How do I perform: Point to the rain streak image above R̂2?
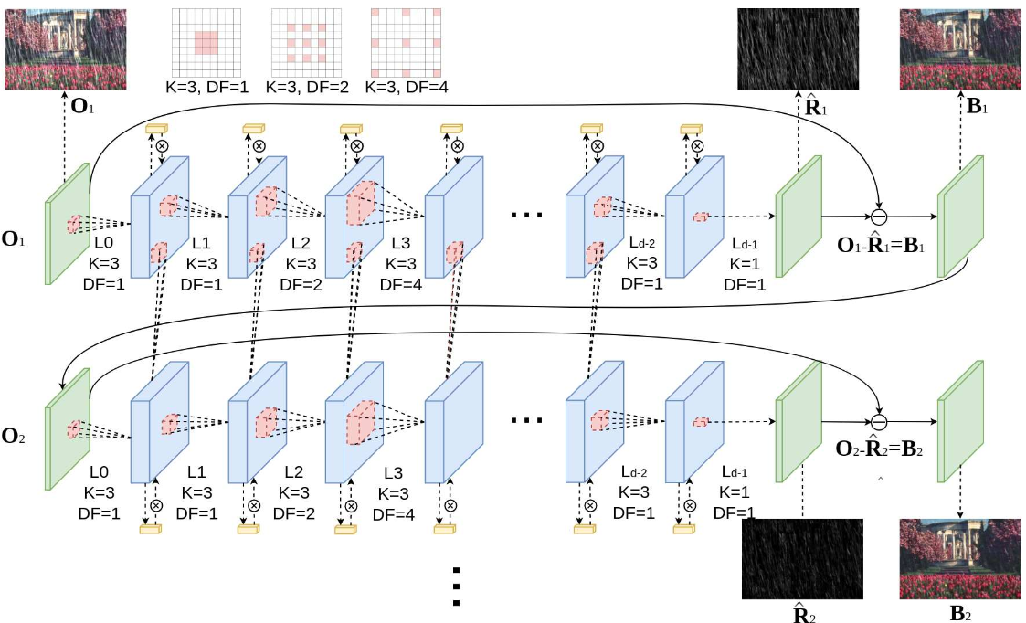click(802, 559)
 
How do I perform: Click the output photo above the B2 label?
click(959, 558)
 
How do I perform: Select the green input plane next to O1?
click(68, 224)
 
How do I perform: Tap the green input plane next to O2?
click(68, 429)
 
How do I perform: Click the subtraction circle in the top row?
click(879, 216)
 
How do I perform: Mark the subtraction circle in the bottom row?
click(879, 422)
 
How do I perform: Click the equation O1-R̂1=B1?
click(881, 245)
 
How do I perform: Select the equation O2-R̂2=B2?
click(881, 450)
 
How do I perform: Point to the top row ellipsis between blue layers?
click(528, 216)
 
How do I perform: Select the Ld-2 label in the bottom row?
click(633, 472)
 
